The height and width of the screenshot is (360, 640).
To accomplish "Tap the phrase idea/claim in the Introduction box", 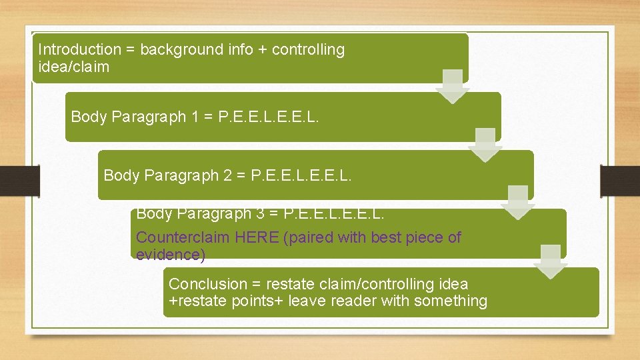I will point(73,67).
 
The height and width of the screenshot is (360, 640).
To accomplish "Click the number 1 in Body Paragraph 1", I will point(195,117).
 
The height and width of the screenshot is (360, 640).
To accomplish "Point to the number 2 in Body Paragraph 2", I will point(227,175).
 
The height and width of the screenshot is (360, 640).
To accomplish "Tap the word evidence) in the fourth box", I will point(171,255).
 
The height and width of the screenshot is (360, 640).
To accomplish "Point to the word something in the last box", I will point(451,301).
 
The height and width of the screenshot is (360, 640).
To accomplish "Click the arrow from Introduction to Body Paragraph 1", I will point(453,86).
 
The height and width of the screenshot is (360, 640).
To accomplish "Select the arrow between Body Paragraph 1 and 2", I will point(485,144).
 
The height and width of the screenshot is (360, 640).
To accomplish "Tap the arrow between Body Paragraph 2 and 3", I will point(518,202).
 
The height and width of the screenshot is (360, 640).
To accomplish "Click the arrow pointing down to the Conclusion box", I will point(551,261).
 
